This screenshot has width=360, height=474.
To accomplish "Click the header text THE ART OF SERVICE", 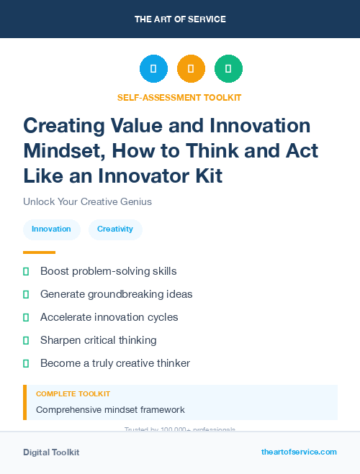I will pos(180,19).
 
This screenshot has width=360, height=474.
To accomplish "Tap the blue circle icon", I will pos(153,69).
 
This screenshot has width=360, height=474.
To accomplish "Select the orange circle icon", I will pos(191,69).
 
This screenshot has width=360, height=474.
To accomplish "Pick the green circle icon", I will pos(228,69).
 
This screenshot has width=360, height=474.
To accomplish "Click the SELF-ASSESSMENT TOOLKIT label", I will pos(179,97).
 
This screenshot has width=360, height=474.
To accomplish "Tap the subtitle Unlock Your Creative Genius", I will pos(87,201).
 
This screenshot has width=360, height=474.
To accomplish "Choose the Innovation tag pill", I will pos(51,229).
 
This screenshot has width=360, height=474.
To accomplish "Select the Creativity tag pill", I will pos(115,229).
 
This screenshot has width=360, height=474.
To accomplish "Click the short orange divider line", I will pos(39,252).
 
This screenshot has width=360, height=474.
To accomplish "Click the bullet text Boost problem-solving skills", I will pos(108,271).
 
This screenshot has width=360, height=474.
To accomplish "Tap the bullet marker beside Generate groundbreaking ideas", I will pos(26,294).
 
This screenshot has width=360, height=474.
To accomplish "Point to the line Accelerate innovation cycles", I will pos(109,317).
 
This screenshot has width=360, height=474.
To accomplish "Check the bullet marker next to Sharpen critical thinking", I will pos(26,340).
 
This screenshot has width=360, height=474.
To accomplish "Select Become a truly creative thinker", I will pos(115,363).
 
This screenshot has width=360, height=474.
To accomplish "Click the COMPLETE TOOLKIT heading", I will pos(73,394).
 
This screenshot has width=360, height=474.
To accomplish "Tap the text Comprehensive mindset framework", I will pos(110,410).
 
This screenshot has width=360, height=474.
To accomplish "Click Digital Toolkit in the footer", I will pos(51,452).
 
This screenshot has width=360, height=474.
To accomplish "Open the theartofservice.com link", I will pos(299,452).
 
